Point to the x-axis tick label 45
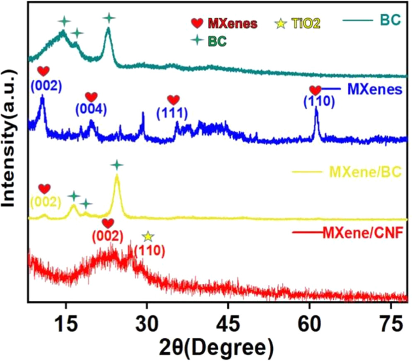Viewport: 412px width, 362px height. pyautogui.click(x=228, y=324)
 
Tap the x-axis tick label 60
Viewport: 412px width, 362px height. pyautogui.click(x=309, y=324)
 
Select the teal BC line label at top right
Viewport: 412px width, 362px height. pyautogui.click(x=390, y=20)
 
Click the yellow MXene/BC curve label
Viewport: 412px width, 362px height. pyautogui.click(x=365, y=171)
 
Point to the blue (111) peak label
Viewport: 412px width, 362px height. pyautogui.click(x=173, y=112)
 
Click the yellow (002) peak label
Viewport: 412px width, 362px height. pyautogui.click(x=45, y=202)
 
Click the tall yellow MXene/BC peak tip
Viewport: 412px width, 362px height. pyautogui.click(x=117, y=175)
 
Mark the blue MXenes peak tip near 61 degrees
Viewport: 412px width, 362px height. pyautogui.click(x=316, y=108)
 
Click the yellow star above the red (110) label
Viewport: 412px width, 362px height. pyautogui.click(x=148, y=237)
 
